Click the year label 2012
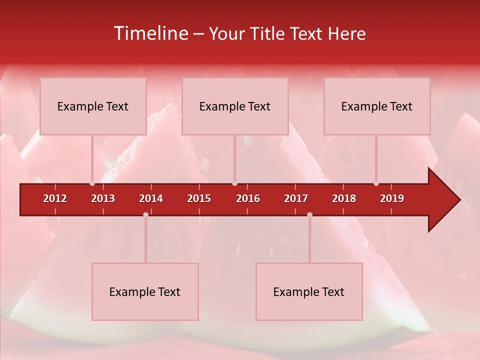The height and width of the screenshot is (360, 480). pyautogui.click(x=55, y=198)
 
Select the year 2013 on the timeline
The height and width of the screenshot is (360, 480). pyautogui.click(x=103, y=198)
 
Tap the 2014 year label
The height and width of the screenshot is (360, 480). pyautogui.click(x=151, y=198)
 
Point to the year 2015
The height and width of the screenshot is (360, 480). pyautogui.click(x=199, y=198)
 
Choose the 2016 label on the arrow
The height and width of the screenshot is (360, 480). pyautogui.click(x=248, y=198)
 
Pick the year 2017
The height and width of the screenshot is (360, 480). pyautogui.click(x=296, y=198)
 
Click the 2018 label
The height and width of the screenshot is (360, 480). pyautogui.click(x=344, y=198)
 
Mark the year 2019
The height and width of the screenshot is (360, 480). pyautogui.click(x=392, y=198)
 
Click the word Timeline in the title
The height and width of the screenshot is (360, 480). pyautogui.click(x=149, y=33)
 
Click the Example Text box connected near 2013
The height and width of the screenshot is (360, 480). pyautogui.click(x=93, y=106)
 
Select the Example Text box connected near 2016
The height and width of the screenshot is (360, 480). pyautogui.click(x=235, y=106)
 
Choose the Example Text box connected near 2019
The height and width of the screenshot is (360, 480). pyautogui.click(x=377, y=106)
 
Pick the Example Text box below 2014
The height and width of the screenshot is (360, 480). pyautogui.click(x=145, y=291)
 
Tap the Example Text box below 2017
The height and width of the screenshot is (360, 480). pyautogui.click(x=309, y=291)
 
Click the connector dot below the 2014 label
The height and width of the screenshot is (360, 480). pyautogui.click(x=145, y=214)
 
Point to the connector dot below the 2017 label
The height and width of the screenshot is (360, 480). pyautogui.click(x=309, y=214)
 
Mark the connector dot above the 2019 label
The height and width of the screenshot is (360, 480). pyautogui.click(x=376, y=183)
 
